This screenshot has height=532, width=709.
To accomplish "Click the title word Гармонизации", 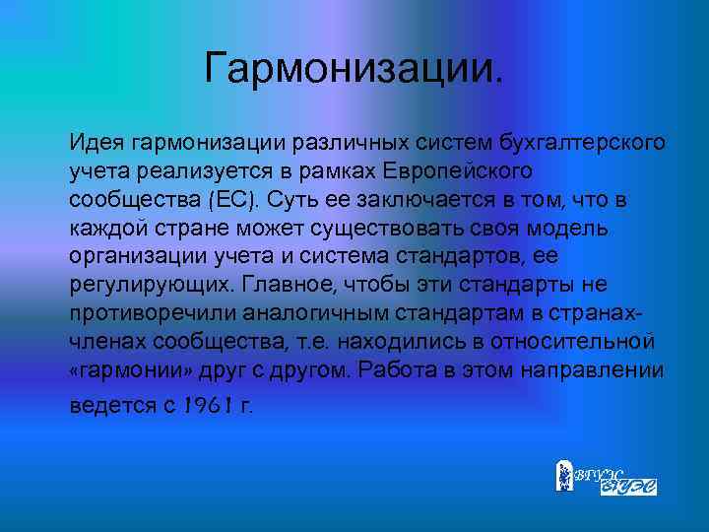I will pyautogui.click(x=354, y=70).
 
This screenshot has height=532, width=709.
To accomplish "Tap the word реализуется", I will pyautogui.click(x=181, y=170).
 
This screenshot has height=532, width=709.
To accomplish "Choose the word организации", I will pyautogui.click(x=132, y=256).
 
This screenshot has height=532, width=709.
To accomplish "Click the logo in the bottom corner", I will pyautogui.click(x=606, y=477).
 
